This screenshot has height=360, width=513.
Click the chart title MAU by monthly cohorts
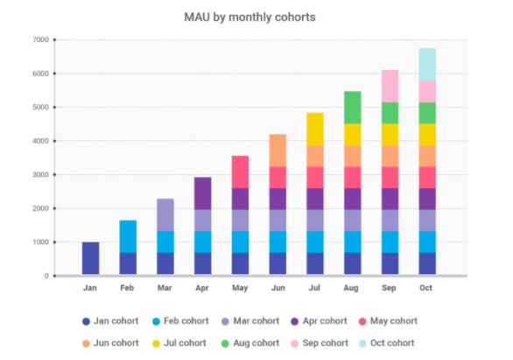click(249, 18)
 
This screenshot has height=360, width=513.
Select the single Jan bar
click(91, 258)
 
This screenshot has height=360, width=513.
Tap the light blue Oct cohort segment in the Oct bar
click(427, 65)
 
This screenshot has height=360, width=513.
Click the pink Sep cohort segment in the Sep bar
click(390, 86)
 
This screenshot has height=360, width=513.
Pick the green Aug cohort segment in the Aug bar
click(353, 108)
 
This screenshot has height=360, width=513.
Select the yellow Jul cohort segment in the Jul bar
click(315, 129)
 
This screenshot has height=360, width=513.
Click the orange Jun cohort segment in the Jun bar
click(278, 151)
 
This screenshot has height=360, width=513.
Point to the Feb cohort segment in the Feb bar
click(128, 236)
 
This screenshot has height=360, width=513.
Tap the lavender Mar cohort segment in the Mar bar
click(165, 215)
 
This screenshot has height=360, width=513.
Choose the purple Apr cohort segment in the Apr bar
click(203, 194)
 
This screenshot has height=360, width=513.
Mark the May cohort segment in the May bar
click(240, 173)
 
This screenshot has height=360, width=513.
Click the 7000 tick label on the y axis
click(40, 39)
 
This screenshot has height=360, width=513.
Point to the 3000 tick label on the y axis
click(40, 175)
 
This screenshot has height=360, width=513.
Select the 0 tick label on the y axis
click(46, 276)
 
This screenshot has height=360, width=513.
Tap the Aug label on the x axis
click(351, 288)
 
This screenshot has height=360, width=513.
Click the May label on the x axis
click(240, 288)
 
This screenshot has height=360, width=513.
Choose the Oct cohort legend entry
click(386, 343)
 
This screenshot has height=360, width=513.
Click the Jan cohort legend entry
click(110, 321)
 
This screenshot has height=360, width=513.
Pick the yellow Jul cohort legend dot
click(156, 343)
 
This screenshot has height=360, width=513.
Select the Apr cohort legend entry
click(319, 321)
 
